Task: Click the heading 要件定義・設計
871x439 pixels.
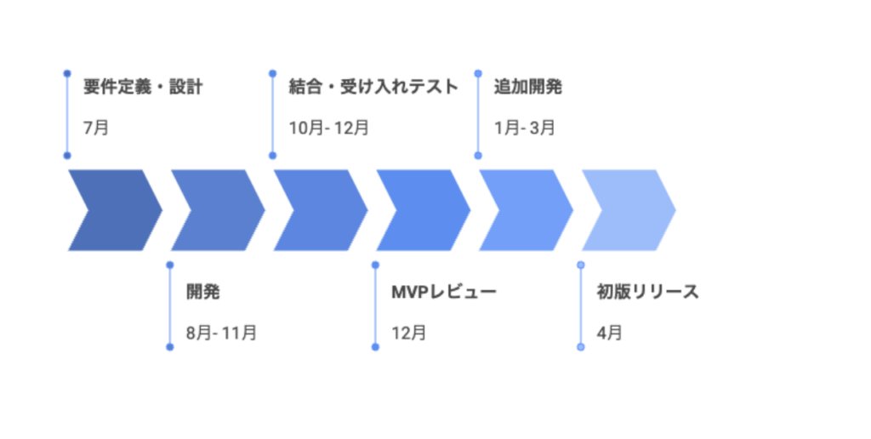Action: pos(142,87)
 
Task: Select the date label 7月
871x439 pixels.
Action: pos(95,128)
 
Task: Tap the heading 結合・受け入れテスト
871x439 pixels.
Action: pos(373,87)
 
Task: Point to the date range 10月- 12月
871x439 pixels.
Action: pos(328,128)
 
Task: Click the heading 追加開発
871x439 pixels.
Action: pos(527,87)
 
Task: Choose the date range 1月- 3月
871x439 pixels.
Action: pos(524,128)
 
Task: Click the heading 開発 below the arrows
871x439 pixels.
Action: pos(202,292)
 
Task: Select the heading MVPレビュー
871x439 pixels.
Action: pos(443,292)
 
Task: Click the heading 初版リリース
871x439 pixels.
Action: pos(647,292)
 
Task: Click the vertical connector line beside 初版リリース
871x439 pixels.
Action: pos(581,306)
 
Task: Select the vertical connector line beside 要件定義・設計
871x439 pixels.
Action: pos(67,115)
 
